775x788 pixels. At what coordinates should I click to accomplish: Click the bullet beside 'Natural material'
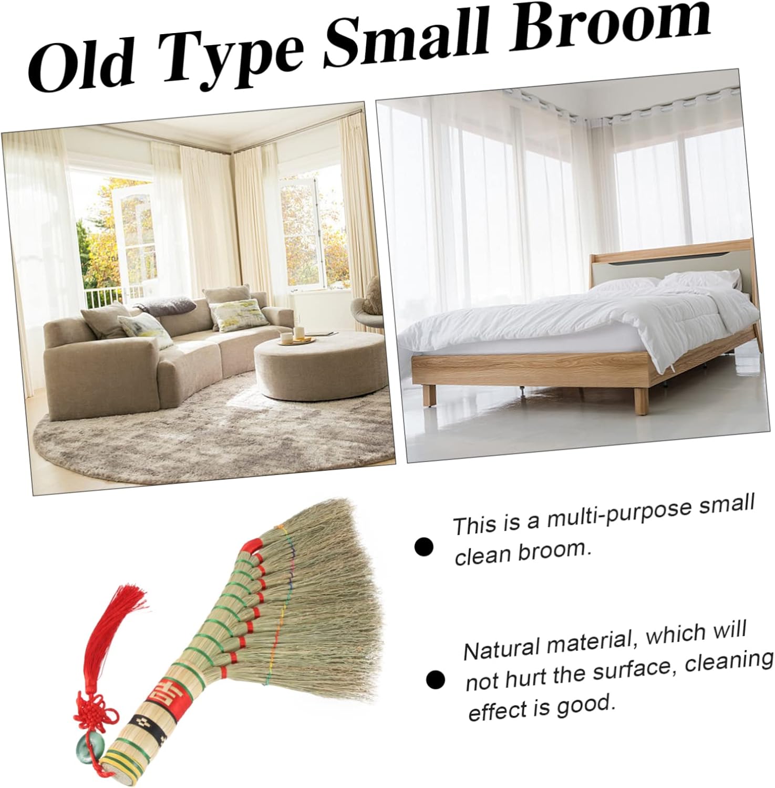[x=436, y=680]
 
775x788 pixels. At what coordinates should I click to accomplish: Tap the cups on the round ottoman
[x=292, y=335]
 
